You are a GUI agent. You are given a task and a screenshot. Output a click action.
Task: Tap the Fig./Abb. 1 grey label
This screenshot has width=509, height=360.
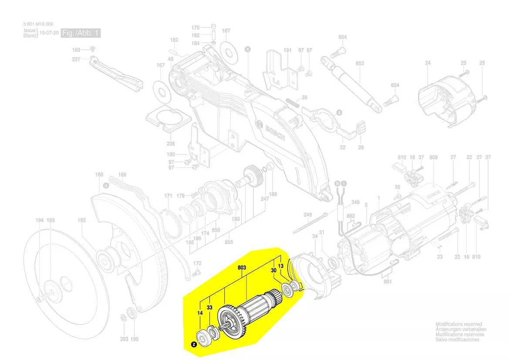tap(81, 33)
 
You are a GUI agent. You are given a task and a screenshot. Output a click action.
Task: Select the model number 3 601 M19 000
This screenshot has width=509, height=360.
tap(38, 24)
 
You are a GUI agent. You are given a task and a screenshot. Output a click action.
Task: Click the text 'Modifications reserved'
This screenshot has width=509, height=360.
tap(458, 324)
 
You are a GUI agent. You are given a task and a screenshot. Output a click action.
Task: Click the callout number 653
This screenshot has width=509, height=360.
tap(360, 64)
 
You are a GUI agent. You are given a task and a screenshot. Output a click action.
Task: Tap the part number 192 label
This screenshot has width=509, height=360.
tap(81, 221)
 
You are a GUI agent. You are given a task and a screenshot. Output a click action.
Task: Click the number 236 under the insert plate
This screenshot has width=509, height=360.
tap(171, 144)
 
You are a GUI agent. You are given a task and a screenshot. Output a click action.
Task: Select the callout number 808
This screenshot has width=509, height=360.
tap(433, 157)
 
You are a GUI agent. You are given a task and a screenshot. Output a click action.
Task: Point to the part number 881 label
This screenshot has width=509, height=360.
tap(388, 282)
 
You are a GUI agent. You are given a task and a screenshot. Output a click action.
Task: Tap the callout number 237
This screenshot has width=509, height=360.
tap(76, 60)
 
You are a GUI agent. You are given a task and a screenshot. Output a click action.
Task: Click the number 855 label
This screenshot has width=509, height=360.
tap(228, 242)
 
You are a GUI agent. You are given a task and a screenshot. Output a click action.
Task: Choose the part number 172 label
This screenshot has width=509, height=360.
tap(197, 263)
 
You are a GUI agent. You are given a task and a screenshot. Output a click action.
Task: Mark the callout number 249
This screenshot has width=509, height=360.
tap(308, 215)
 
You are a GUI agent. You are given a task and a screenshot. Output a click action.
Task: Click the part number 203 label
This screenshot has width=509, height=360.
tap(124, 339)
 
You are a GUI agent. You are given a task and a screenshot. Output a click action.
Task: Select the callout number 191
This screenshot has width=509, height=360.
tap(287, 51)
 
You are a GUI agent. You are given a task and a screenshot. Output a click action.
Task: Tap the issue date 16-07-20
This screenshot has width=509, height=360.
tap(49, 33)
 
